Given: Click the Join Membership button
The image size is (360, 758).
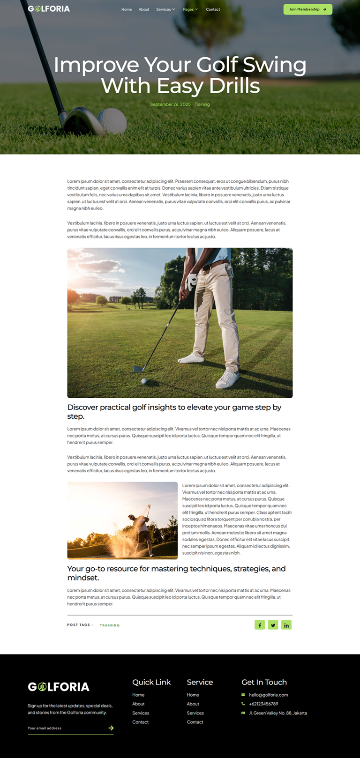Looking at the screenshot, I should pos(307,9).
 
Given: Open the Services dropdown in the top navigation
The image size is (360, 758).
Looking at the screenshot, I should pos(165,9).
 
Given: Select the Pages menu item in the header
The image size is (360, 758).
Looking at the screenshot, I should pos(190,9).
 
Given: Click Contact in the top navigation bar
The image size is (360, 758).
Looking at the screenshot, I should pos(213,9).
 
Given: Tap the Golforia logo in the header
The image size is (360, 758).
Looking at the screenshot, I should pos(49,9).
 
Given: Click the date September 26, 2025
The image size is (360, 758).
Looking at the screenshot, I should pos(170,104).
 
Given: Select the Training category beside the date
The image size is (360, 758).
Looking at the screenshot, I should pos(202,104).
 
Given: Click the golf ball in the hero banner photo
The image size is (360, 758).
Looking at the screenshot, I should pos(113,120).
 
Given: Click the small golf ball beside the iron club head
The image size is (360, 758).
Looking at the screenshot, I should pos(144,381).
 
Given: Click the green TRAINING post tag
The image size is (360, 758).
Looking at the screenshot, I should pos(110,625).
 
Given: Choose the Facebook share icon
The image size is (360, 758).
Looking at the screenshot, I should pos(260,625).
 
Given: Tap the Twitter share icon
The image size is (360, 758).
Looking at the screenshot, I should pos(273,625).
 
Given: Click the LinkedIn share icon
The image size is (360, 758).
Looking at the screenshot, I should pos(286,625).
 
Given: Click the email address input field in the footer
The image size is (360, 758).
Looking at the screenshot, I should pos(66,728).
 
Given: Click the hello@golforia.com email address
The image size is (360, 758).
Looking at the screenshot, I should pos(268,695).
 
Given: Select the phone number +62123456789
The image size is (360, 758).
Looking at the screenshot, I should pos(263,704).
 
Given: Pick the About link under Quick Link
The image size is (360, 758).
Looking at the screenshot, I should pos(138,704).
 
